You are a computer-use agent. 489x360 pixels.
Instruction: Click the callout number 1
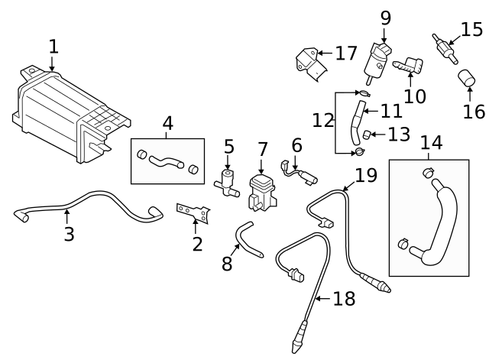pyautogui.click(x=53, y=47)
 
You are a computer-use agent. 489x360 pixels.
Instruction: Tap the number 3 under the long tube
pyautogui.click(x=69, y=234)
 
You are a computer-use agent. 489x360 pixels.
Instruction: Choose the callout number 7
pyautogui.click(x=262, y=148)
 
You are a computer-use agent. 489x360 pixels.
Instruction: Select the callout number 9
pyautogui.click(x=384, y=17)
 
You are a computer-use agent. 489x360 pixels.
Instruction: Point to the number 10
pyautogui.click(x=414, y=96)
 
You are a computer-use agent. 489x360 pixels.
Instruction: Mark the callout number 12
pyautogui.click(x=323, y=121)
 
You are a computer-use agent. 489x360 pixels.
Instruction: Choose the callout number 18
pyautogui.click(x=344, y=298)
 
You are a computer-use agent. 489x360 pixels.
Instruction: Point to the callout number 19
pyautogui.click(x=366, y=175)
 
